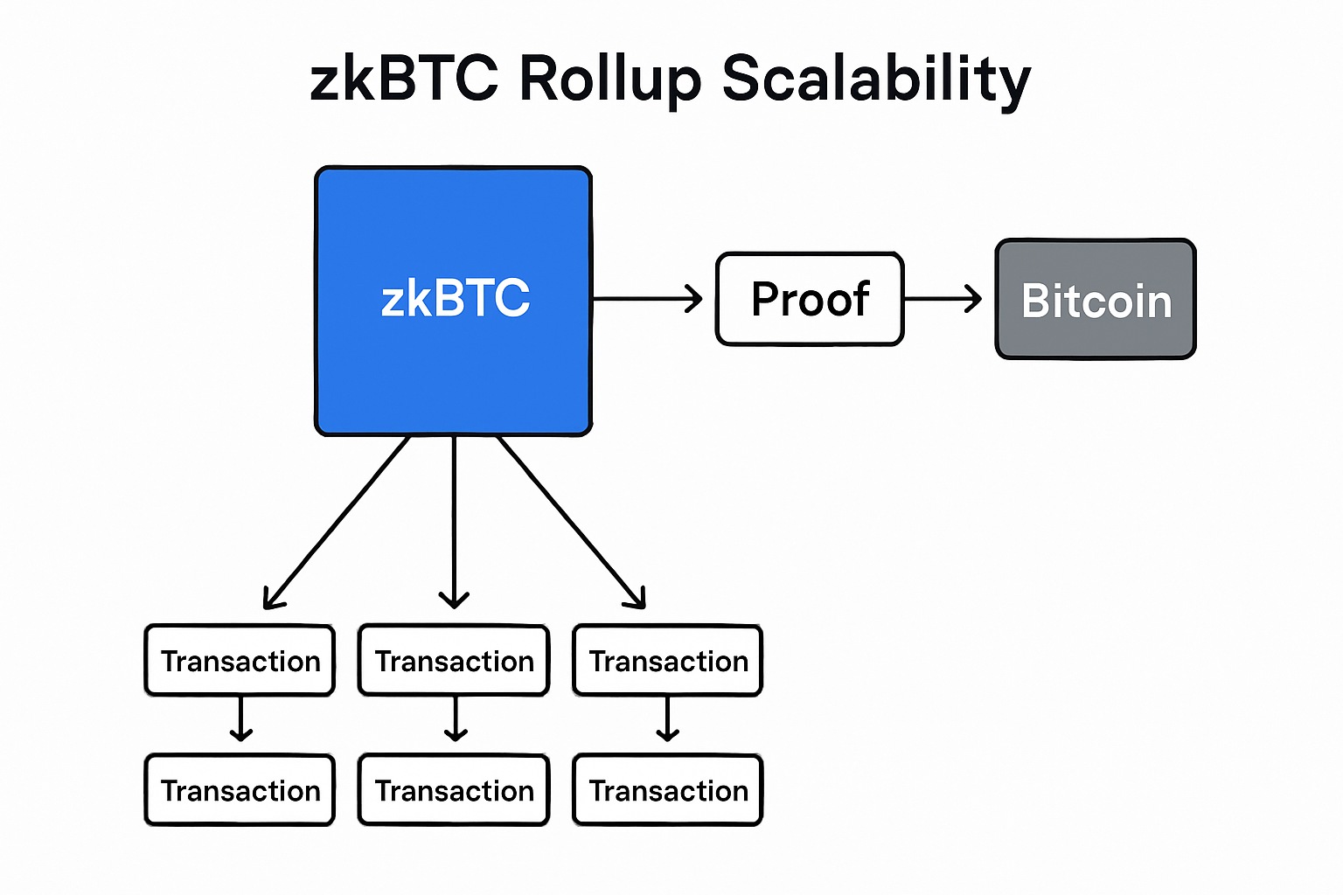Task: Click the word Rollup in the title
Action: [x=609, y=79]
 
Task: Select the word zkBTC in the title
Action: [x=404, y=79]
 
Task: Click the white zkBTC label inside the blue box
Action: [x=455, y=299]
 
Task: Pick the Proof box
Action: [x=810, y=300]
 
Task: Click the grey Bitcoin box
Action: [x=1096, y=300]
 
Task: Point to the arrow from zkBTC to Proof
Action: [x=647, y=299]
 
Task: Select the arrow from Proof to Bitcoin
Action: [x=943, y=299]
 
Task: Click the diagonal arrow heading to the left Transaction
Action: [x=337, y=522]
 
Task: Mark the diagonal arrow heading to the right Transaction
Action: [x=571, y=522]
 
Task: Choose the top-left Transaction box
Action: [x=240, y=661]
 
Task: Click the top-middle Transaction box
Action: [x=454, y=661]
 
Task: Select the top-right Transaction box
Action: [x=668, y=661]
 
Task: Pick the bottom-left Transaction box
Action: [x=240, y=790]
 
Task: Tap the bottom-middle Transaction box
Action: [x=454, y=790]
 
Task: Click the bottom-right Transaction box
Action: [x=668, y=790]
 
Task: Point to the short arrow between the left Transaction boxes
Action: [x=240, y=718]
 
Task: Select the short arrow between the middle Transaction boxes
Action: [x=455, y=718]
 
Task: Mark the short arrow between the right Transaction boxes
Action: [x=668, y=718]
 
